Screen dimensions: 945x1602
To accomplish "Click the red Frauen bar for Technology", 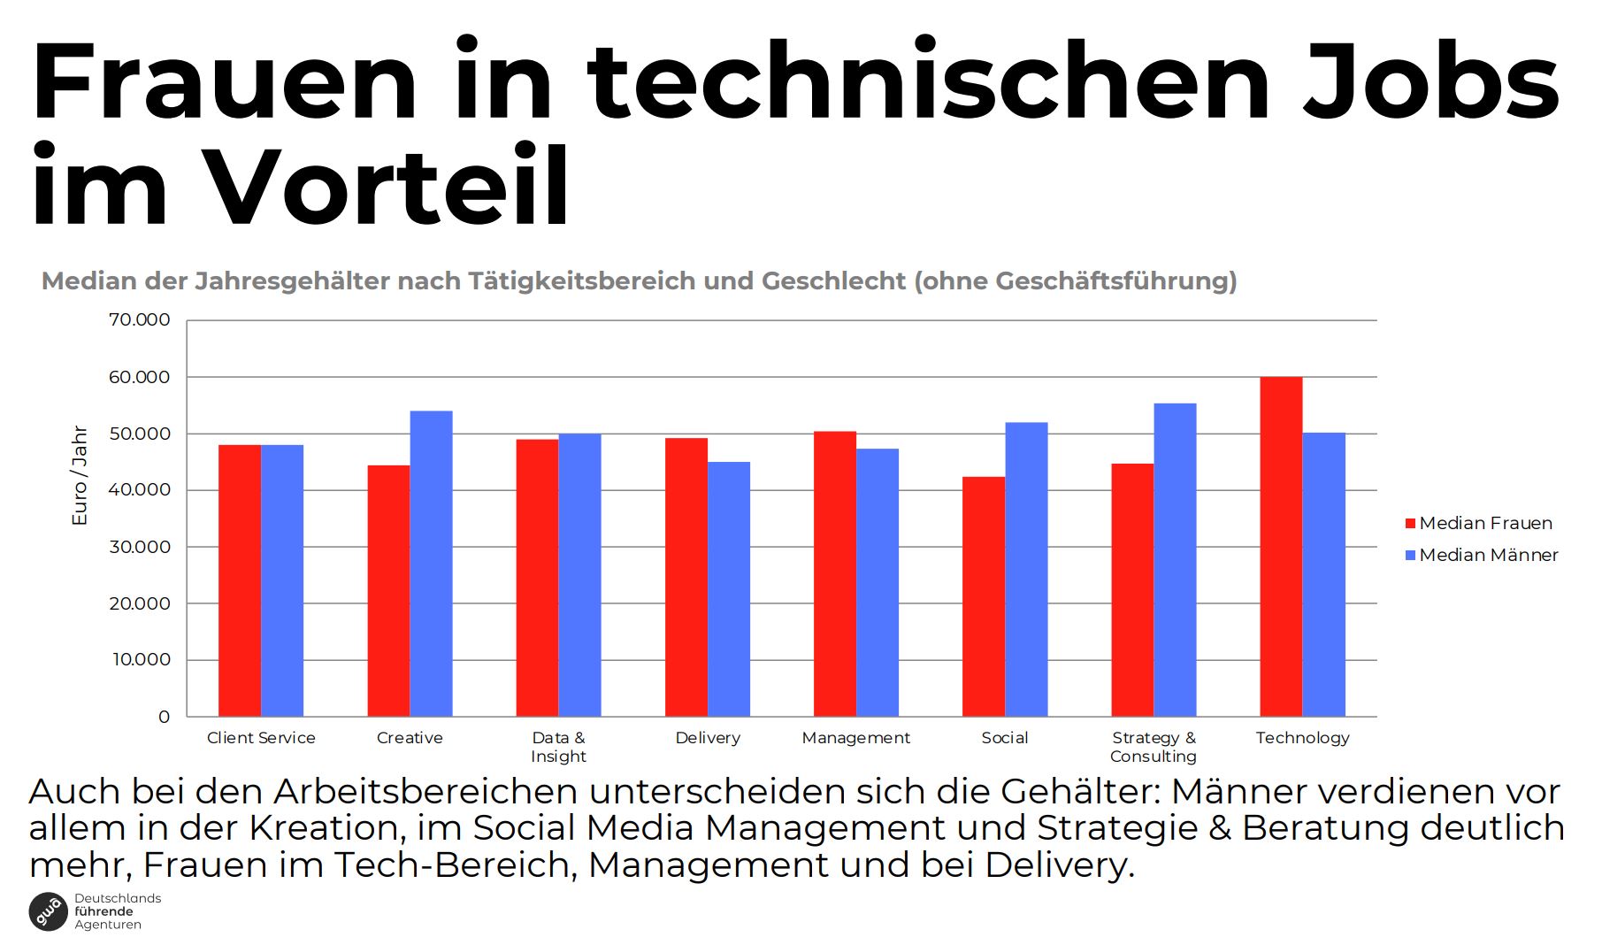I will pos(1281,547).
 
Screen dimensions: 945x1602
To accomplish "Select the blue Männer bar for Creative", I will pos(431,564).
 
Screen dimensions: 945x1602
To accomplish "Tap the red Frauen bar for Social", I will pos(984,596).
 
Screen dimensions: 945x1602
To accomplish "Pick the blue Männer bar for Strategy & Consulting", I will pos(1175,560).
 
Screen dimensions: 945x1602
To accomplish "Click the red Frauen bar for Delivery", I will pos(686,577).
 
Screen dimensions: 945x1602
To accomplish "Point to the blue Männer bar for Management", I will pos(878,582).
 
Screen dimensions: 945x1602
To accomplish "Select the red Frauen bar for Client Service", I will pos(240,580).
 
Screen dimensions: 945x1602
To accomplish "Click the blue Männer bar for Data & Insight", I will pos(579,575).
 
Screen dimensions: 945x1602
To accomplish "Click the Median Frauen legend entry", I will pos(1479,523).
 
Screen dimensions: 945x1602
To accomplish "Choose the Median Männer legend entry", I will pos(1482,555).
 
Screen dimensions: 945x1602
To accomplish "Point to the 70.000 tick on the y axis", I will pos(139,320).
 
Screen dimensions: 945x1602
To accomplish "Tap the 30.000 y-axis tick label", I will pos(139,547).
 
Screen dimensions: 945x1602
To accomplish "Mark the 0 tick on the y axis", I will pos(164,717).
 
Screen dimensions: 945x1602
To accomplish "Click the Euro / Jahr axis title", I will pos(80,476).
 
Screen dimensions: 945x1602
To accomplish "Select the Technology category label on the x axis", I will pos(1302,738).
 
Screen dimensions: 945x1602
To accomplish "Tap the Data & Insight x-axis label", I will pos(558,747).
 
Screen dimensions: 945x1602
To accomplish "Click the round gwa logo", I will pos(49,911).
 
